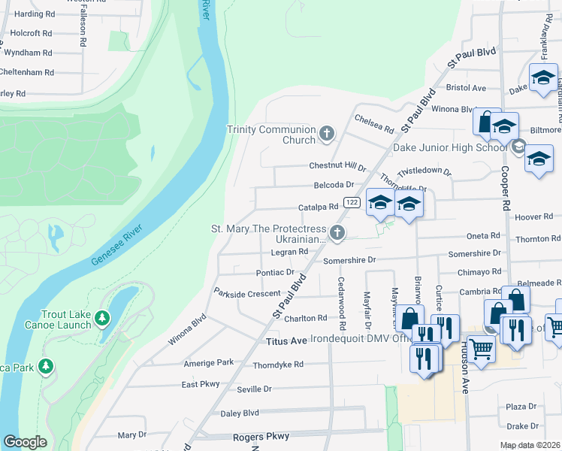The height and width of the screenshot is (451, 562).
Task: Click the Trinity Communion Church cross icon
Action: [326, 135]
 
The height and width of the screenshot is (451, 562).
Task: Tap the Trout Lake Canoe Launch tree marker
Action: [102, 319]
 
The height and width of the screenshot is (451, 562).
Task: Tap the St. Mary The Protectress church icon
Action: [337, 234]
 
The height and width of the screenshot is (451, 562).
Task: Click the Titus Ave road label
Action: [287, 341]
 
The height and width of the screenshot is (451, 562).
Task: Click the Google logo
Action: [25, 442]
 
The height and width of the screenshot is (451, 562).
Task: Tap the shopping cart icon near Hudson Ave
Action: [481, 347]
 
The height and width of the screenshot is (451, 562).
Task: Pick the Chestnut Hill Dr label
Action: [337, 166]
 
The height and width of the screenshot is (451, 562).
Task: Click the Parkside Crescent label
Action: [247, 294]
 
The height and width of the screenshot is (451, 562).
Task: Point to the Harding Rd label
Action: [35, 14]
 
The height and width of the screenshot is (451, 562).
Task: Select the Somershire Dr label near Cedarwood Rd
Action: [349, 260]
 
